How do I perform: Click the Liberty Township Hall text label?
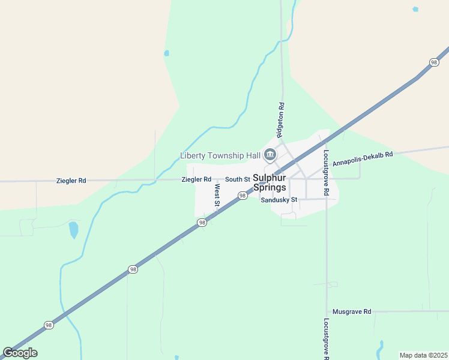pyautogui.click(x=220, y=156)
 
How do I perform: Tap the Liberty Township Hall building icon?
pyautogui.click(x=270, y=156)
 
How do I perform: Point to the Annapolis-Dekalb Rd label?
pyautogui.click(x=363, y=158)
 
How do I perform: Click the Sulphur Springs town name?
pyautogui.click(x=270, y=182)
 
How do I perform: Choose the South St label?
pyautogui.click(x=238, y=179)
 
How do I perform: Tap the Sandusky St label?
pyautogui.click(x=279, y=200)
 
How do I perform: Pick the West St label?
pyautogui.click(x=217, y=196)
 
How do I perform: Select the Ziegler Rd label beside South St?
pyautogui.click(x=196, y=179)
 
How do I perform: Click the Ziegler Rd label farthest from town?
pyautogui.click(x=71, y=180)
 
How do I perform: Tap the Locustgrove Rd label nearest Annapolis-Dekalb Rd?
pyautogui.click(x=327, y=173)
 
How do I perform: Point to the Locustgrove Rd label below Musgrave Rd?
pyautogui.click(x=327, y=339)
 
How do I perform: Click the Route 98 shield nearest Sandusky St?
pyautogui.click(x=243, y=196)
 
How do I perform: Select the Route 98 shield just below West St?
pyautogui.click(x=202, y=223)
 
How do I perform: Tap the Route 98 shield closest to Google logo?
pyautogui.click(x=48, y=325)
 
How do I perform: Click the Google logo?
pyautogui.click(x=20, y=353)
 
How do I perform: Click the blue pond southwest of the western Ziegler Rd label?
pyautogui.click(x=73, y=230)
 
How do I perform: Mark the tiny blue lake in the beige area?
pyautogui.click(x=415, y=10)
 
